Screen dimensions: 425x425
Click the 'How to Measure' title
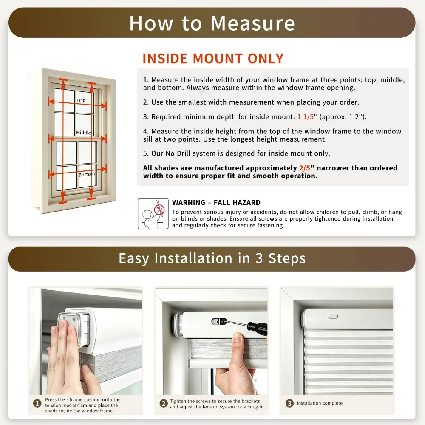coord(212,23)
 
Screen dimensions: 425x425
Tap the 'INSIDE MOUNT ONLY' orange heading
coord(213,59)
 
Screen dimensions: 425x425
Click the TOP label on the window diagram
coord(81,101)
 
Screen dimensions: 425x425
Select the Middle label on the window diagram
coord(83,133)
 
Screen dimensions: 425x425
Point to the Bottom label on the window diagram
coord(87,174)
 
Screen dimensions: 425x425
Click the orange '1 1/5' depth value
coord(306,117)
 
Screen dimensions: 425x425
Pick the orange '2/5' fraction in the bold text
coord(305,168)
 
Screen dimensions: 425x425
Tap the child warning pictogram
coord(153,214)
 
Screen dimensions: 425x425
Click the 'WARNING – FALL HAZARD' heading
coord(216,202)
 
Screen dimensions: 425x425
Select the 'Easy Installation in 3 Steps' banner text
coord(212,258)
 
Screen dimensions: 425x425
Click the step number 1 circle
coord(37,404)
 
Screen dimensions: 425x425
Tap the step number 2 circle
coord(164,404)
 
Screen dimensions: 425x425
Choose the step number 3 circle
coord(289,403)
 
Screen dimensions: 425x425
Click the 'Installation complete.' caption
coord(320,403)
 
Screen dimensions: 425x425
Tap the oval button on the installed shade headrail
coord(333,316)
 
